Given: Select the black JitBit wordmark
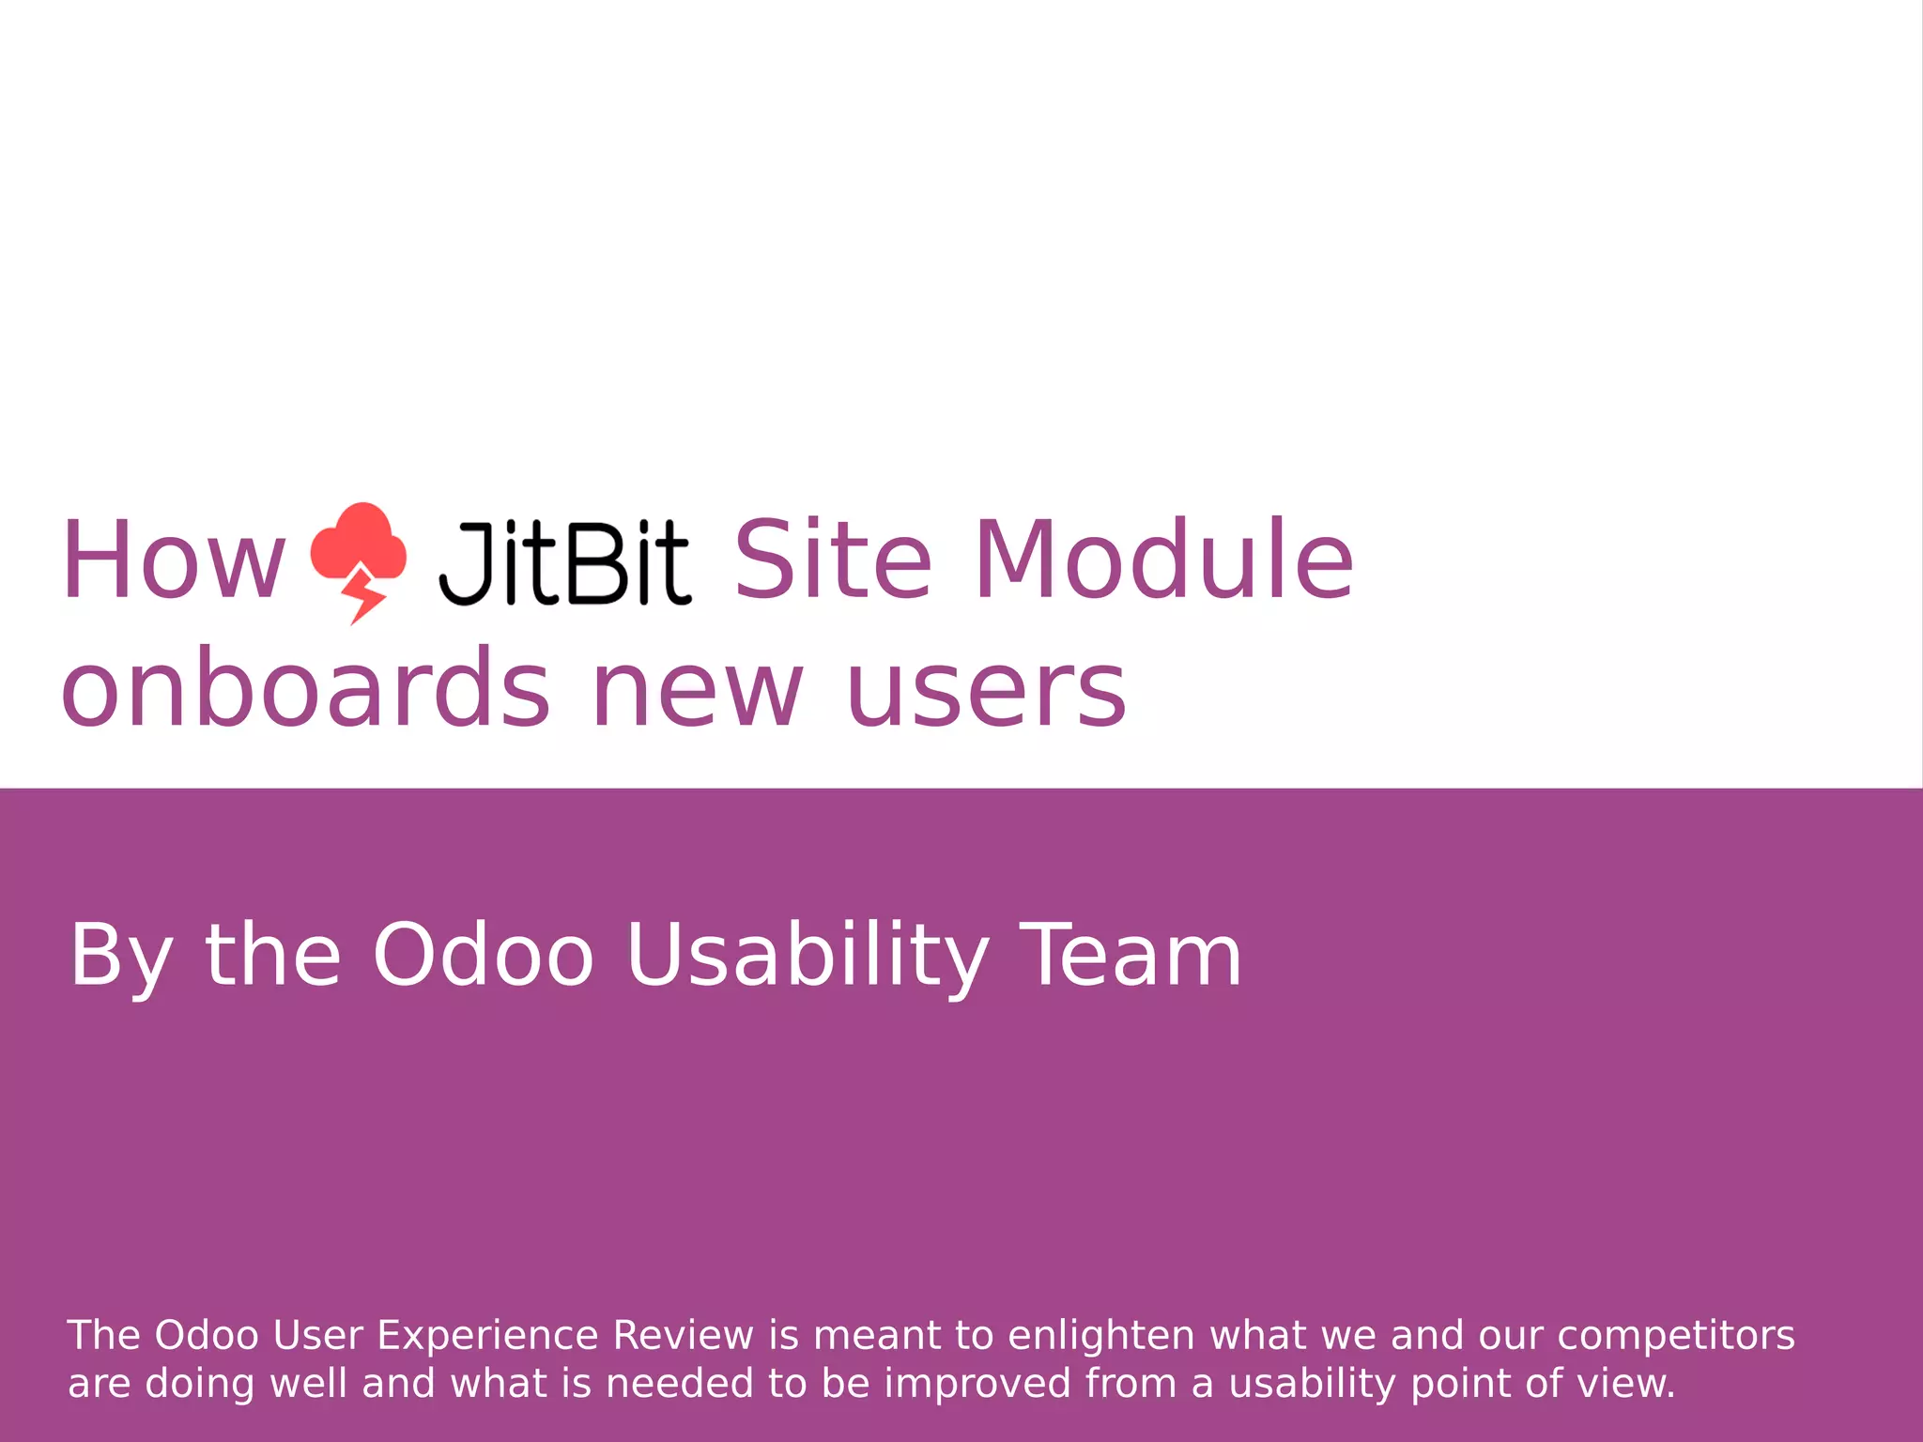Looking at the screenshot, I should [565, 563].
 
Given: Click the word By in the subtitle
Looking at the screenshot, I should [120, 956].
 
